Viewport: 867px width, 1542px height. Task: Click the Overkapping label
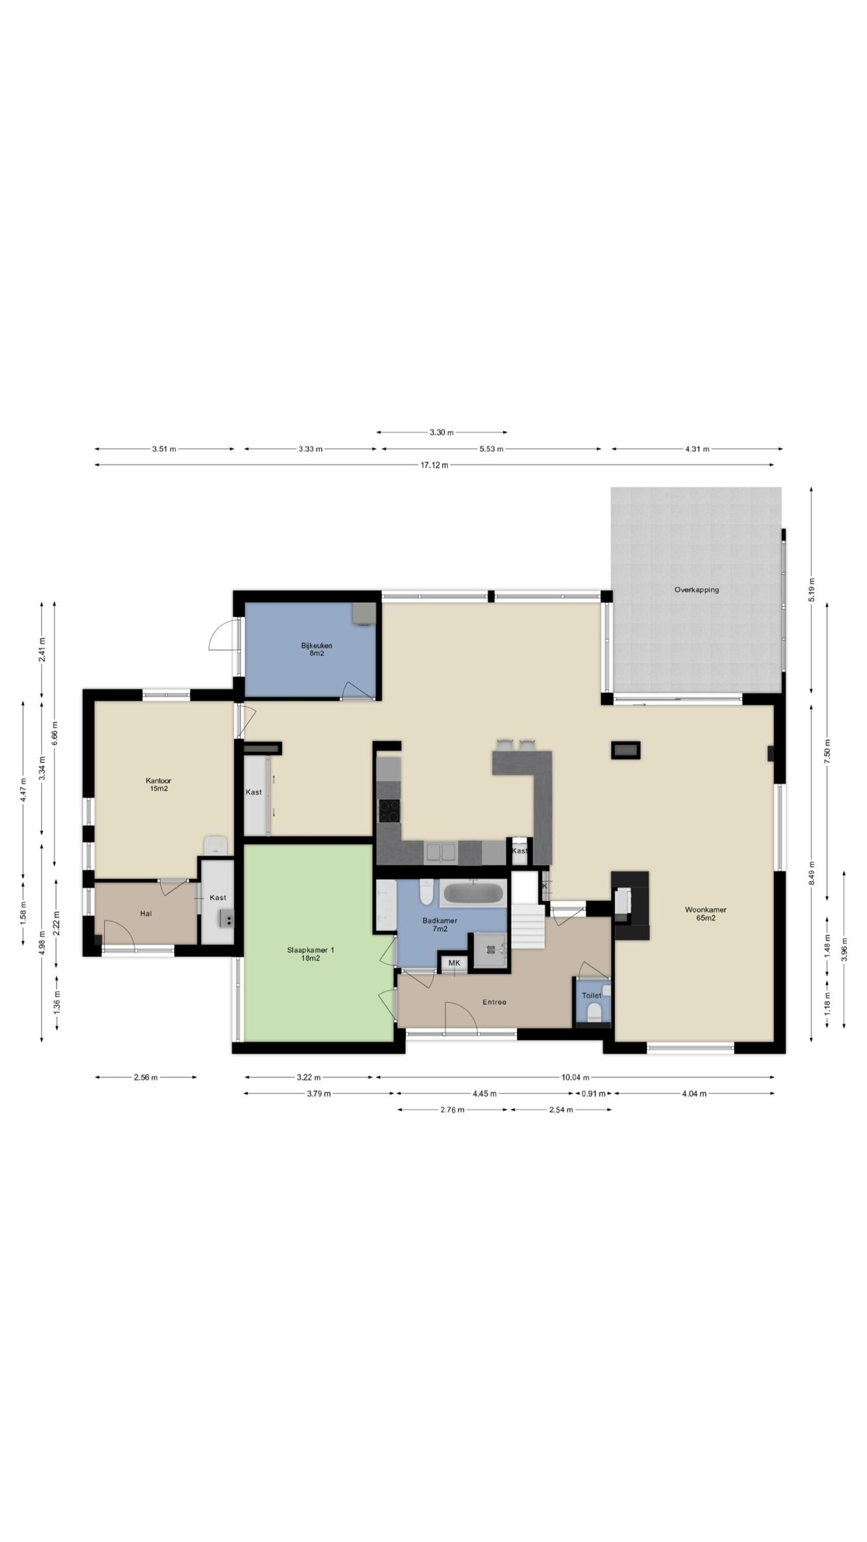click(696, 590)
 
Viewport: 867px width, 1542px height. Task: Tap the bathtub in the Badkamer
click(473, 893)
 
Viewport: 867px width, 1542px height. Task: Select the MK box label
click(454, 963)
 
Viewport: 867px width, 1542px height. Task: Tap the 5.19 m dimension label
click(811, 585)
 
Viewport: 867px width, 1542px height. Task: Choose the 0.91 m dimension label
click(593, 1093)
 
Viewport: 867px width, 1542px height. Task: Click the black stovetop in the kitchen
click(388, 810)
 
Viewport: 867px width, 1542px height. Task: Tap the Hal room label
click(146, 914)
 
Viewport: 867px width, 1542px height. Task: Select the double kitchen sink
click(441, 852)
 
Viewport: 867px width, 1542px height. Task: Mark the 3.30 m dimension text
click(441, 432)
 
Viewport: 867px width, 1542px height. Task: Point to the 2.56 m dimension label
click(145, 1078)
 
